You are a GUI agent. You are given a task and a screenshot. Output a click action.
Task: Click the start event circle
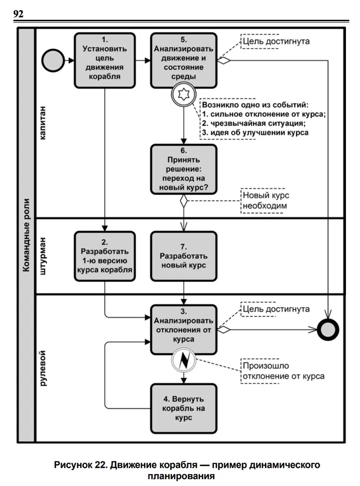point(53,60)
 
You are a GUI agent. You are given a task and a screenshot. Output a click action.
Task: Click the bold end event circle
point(328,329)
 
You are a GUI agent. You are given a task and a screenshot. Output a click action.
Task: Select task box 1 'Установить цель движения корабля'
point(104,60)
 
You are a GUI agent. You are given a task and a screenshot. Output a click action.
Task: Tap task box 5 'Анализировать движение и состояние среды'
point(183,60)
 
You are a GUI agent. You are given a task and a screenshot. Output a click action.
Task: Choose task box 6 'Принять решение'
point(183,169)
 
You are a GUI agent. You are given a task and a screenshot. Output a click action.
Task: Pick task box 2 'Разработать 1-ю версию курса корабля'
point(104,256)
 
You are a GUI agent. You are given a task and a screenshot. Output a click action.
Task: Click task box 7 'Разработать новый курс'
point(183,256)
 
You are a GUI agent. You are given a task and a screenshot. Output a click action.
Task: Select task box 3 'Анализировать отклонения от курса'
point(183,330)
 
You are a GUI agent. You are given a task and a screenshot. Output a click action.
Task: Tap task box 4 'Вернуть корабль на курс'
point(183,409)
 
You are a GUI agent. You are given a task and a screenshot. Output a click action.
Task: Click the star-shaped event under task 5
point(183,95)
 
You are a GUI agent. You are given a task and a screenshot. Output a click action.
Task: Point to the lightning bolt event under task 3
point(183,360)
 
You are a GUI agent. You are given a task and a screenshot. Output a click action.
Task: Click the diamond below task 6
point(183,201)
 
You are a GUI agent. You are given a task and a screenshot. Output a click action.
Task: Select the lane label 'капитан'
point(43,123)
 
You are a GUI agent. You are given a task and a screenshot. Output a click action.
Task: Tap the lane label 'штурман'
point(43,256)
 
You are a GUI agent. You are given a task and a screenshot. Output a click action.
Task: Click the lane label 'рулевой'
point(43,368)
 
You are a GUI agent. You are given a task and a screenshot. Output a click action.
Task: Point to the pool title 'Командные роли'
point(26,235)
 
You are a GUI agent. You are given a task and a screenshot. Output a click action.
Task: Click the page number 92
point(18,14)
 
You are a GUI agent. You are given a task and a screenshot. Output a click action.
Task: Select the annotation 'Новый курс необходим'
point(266,200)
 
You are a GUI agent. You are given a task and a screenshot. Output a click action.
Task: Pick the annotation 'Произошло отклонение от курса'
point(284,371)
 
